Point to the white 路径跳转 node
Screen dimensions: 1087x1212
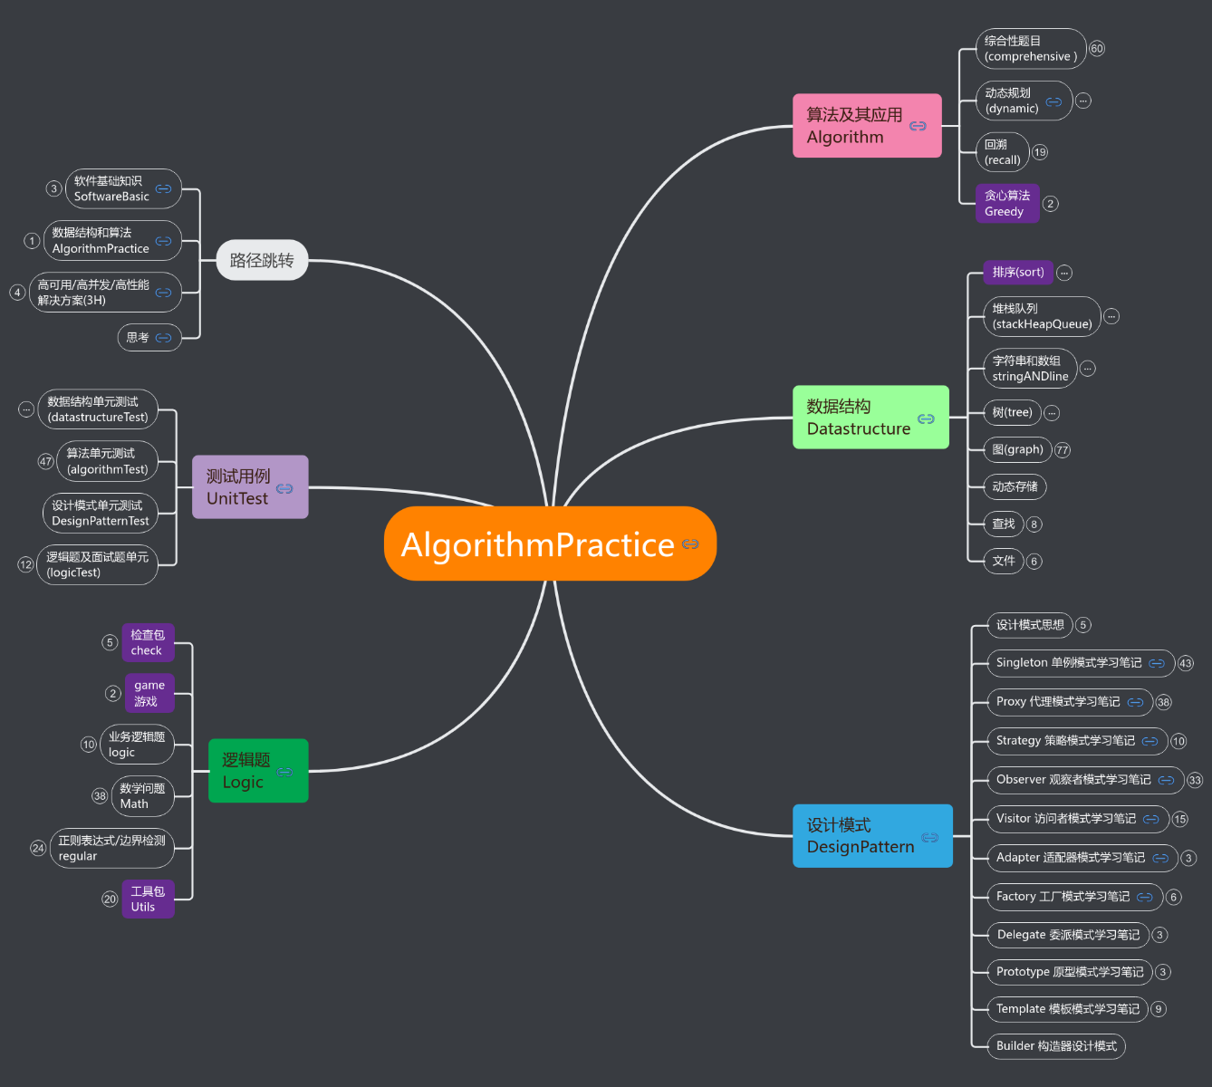(262, 261)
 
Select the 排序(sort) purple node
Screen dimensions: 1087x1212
(1018, 273)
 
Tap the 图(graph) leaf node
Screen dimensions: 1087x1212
(1017, 449)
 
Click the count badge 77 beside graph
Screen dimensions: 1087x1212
(1063, 450)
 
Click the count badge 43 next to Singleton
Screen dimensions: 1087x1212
(1186, 664)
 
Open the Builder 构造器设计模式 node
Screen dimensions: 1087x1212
(1056, 1046)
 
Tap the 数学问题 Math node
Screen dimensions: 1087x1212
(142, 796)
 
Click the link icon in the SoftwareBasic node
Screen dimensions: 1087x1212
(164, 189)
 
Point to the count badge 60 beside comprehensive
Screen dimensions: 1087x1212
(1097, 49)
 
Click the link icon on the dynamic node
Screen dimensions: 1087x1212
(1053, 101)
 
